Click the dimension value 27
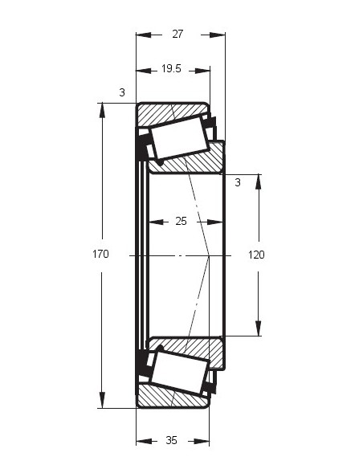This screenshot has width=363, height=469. tap(177, 34)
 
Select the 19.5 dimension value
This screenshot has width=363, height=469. tap(171, 69)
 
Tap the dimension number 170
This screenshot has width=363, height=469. tap(100, 255)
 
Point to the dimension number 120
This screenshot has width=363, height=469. tap(256, 255)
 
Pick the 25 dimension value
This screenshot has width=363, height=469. tap(181, 221)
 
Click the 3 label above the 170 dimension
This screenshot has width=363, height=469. tap(122, 92)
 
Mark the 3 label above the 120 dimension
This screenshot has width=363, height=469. tap(238, 182)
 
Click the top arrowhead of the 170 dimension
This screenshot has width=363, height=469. tap(102, 110)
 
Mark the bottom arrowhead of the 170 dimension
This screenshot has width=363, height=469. tap(102, 401)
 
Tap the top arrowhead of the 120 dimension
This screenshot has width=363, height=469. tap(258, 182)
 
